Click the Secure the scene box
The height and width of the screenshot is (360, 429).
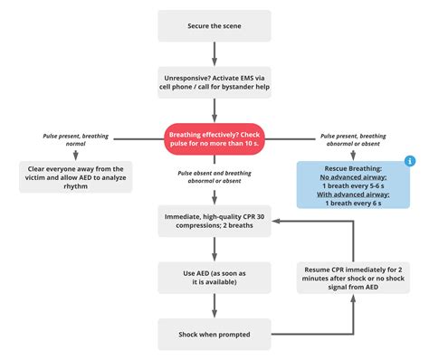[214, 25]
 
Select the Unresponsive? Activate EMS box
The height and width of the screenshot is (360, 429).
[214, 81]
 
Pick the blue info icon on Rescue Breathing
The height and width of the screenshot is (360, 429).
[409, 161]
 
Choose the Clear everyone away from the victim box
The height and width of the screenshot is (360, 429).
[76, 175]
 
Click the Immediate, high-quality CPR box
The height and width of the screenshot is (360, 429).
[214, 218]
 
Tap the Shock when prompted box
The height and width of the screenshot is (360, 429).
[214, 333]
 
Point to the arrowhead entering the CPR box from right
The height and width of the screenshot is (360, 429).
[275, 219]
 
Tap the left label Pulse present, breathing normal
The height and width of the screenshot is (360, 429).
[76, 140]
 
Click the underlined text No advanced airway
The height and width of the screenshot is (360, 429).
[353, 178]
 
